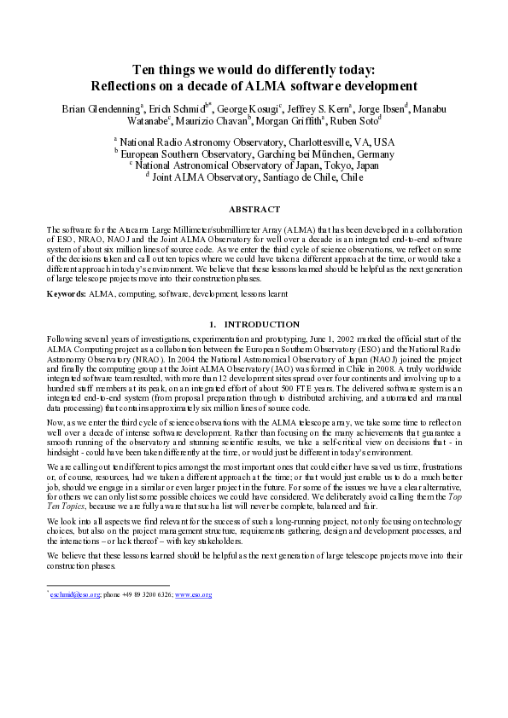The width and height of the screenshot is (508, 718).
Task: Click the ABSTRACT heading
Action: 254,210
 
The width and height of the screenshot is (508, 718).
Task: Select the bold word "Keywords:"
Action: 65,293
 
